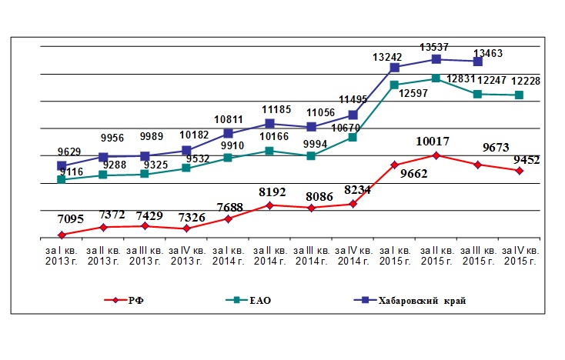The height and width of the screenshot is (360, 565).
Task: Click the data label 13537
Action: point(434,47)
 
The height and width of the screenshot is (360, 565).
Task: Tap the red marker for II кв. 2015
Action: point(436,155)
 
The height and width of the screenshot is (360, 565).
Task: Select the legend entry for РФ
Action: point(124,300)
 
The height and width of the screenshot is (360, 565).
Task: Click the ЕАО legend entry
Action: point(249,300)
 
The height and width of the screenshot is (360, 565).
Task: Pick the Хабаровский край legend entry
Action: point(410,300)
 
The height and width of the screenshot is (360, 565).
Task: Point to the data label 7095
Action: point(71,219)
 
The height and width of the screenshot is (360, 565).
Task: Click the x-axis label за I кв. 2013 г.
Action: point(62,255)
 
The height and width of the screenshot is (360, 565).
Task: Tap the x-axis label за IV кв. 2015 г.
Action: point(520,255)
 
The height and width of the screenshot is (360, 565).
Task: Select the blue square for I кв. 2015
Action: point(395,68)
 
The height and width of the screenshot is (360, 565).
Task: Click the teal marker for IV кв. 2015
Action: point(519,95)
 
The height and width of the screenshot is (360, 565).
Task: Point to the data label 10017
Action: point(433,141)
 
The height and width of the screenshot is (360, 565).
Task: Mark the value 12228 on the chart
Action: point(526,81)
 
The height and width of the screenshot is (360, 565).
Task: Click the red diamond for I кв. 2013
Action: point(62,235)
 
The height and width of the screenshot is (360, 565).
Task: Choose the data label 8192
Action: point(272,192)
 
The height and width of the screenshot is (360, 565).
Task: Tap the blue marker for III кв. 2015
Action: point(477,62)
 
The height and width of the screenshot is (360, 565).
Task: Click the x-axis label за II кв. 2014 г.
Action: point(269,255)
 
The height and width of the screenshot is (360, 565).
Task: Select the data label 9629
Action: point(69,152)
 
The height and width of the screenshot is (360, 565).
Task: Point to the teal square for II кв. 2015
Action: point(436,78)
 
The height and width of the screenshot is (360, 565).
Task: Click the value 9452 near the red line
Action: point(527,160)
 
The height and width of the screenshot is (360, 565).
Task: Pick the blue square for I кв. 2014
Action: point(228,134)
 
